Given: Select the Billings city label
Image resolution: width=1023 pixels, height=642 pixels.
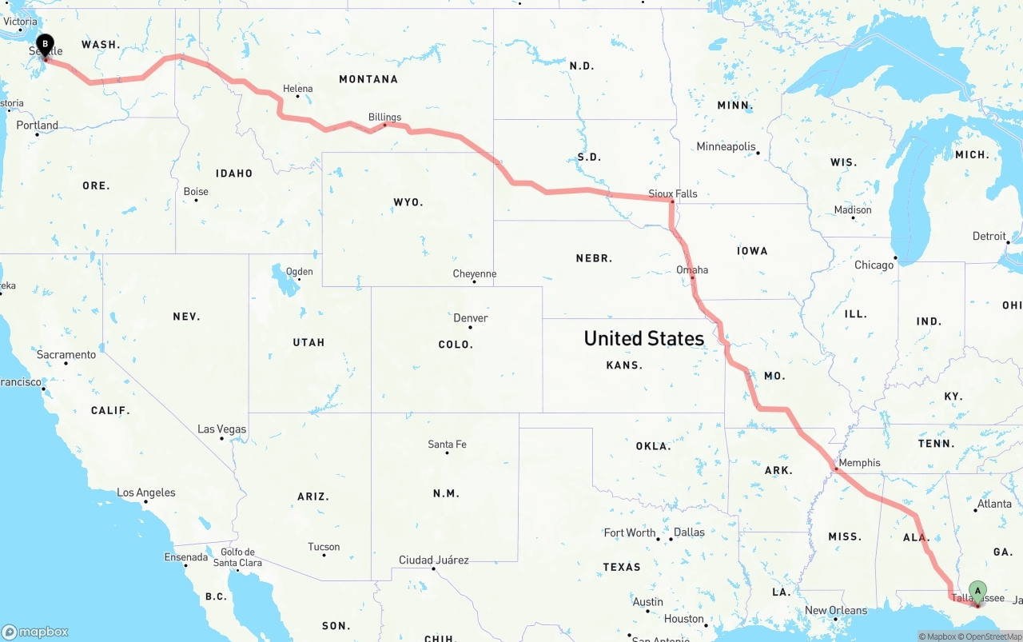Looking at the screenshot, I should (x=384, y=117).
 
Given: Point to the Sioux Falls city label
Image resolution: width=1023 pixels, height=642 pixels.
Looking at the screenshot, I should (x=672, y=193).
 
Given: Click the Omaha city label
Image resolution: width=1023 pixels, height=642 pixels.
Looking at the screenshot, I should (x=692, y=269).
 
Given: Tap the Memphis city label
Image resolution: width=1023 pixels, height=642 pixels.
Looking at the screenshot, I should (x=859, y=462).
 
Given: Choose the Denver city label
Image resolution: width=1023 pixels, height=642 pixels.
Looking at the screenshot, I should (x=470, y=317).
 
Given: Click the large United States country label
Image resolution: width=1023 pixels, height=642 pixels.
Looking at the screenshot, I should (x=643, y=338).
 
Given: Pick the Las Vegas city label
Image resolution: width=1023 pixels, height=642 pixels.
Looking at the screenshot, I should (x=221, y=429).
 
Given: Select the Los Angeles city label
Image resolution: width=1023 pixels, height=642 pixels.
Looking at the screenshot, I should (x=146, y=492).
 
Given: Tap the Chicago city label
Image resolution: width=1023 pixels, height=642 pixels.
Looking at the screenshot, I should (x=874, y=265).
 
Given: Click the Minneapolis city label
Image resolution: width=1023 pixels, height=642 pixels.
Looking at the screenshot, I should (x=726, y=146).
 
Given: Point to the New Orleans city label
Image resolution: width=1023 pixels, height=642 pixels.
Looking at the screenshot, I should (x=835, y=610).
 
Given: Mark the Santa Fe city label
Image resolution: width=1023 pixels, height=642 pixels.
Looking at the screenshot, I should (x=447, y=444).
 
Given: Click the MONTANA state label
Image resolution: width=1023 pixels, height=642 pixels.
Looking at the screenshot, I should (x=368, y=79).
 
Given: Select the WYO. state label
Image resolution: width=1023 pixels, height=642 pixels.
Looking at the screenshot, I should (x=408, y=202).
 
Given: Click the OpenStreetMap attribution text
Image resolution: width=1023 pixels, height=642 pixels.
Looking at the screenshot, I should (x=993, y=636).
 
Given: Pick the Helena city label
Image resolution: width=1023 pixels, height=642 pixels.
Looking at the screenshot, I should (x=297, y=89).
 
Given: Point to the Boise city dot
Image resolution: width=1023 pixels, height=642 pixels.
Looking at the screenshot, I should (x=196, y=200).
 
